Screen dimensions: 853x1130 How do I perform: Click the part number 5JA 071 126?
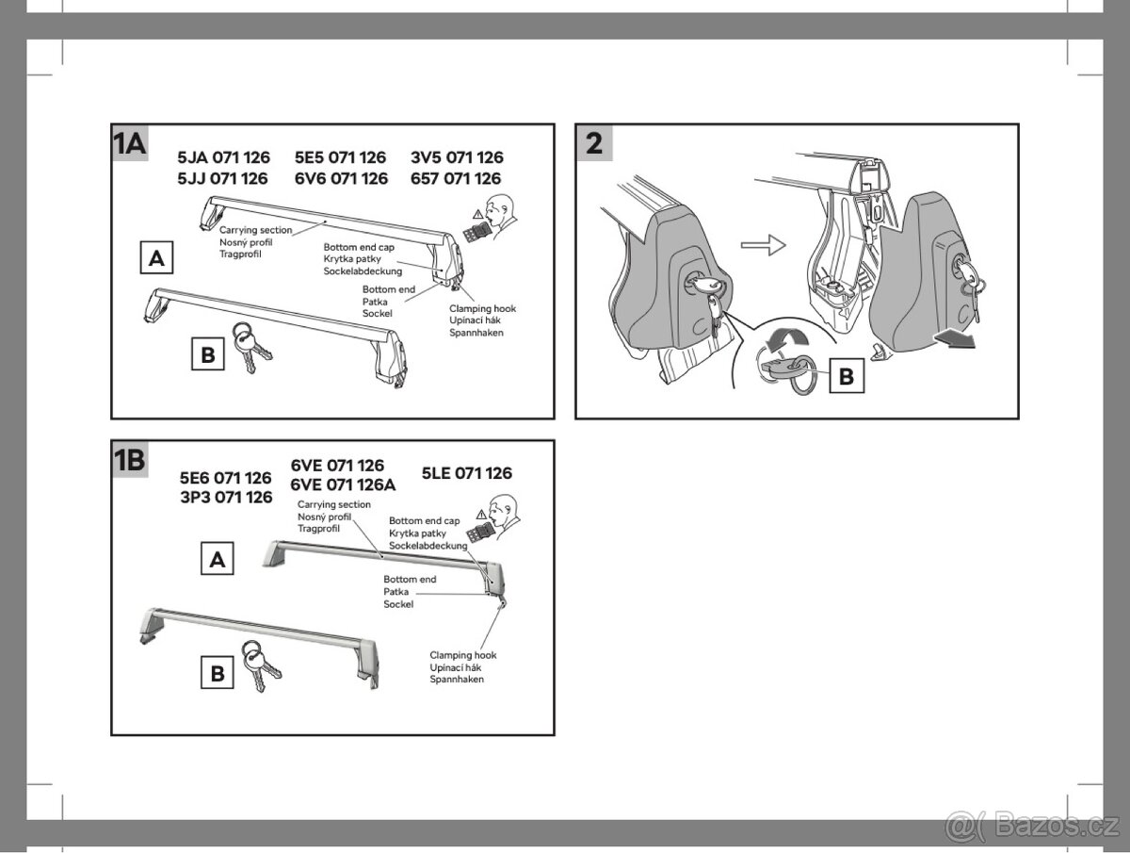[x=224, y=158]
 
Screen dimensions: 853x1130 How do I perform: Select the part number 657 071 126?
[x=457, y=178]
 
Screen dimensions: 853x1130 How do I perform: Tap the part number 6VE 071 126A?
[x=344, y=485]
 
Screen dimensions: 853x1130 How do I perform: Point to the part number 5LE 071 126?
[x=467, y=473]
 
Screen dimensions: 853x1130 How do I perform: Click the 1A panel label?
[x=129, y=143]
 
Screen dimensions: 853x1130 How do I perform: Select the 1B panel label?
[x=129, y=460]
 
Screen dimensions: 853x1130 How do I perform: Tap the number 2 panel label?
[x=594, y=144]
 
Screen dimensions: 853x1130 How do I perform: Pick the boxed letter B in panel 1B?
[x=218, y=674]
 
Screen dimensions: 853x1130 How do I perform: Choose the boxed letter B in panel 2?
[x=846, y=377]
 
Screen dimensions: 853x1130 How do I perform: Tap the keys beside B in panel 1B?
[x=258, y=665]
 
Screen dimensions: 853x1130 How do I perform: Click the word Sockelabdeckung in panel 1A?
[x=363, y=271]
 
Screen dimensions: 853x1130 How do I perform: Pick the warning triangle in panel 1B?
[x=480, y=515]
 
